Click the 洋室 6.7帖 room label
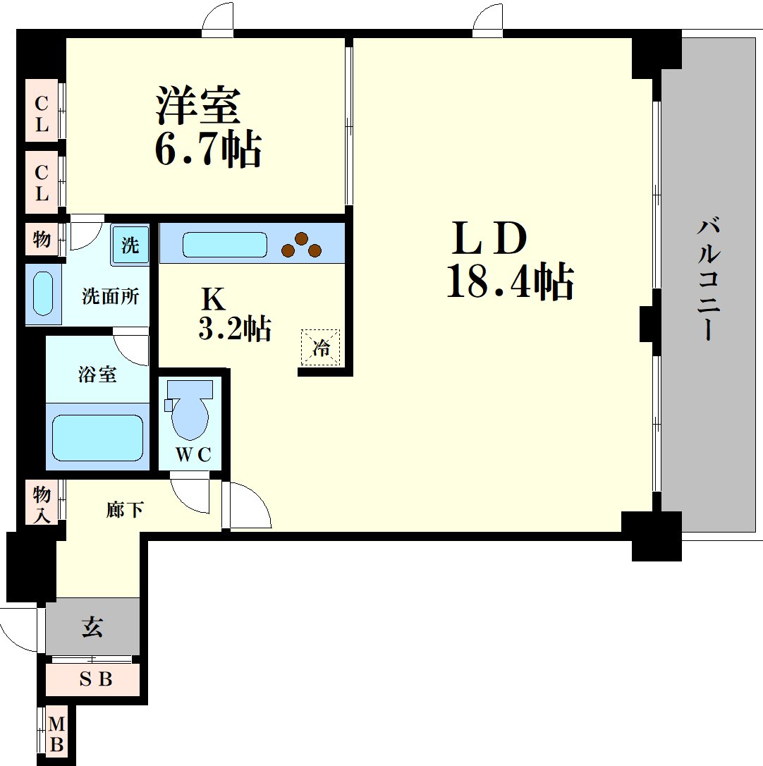(208, 127)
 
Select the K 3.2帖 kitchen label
(234, 314)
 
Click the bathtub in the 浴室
(98, 437)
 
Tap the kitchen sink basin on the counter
(225, 245)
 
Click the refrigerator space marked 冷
(320, 347)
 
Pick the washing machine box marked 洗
(130, 244)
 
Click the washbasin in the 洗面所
(43, 293)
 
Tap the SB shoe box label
(96, 679)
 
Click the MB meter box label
(56, 734)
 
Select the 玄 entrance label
(92, 627)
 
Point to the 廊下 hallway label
(125, 509)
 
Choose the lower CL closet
(42, 182)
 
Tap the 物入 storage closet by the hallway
(42, 502)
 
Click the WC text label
(193, 455)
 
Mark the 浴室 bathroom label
(97, 375)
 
